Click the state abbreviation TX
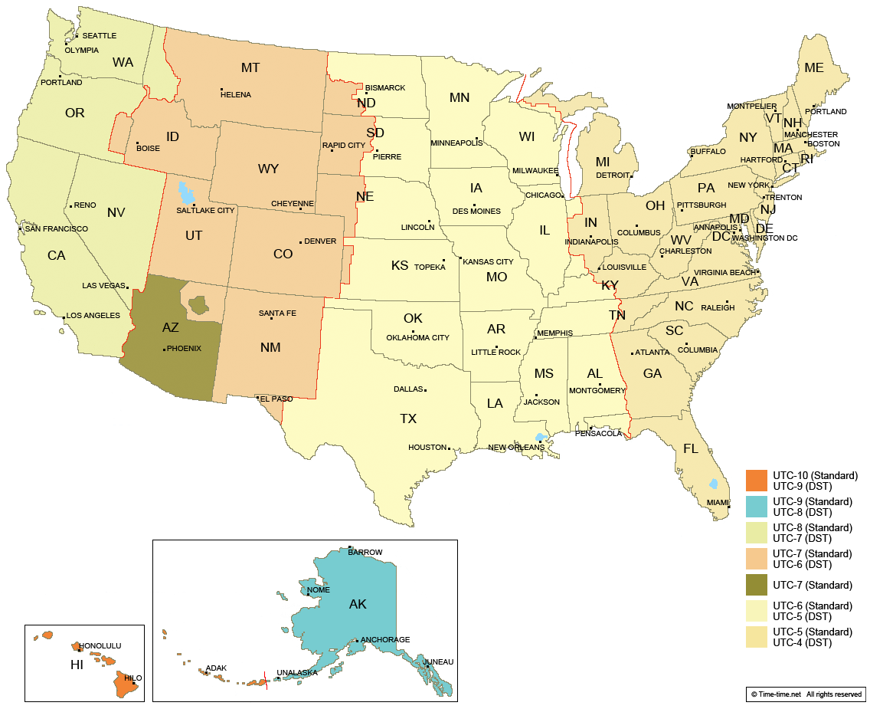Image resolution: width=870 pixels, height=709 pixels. click(x=408, y=419)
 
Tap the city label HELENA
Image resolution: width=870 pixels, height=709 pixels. click(x=236, y=95)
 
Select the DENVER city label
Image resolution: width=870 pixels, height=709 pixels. click(x=320, y=241)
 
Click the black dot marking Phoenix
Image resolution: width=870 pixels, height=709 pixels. click(x=164, y=350)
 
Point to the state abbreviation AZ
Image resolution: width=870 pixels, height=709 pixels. click(x=171, y=327)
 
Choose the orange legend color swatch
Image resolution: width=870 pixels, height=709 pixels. click(x=756, y=481)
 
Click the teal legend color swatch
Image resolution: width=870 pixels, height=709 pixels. click(x=756, y=507)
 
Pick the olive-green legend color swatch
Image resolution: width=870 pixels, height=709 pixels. click(x=756, y=585)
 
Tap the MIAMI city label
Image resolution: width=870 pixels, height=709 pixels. click(x=718, y=503)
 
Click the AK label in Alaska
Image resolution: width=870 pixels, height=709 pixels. click(x=358, y=604)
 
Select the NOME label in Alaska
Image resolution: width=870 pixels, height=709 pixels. click(x=318, y=589)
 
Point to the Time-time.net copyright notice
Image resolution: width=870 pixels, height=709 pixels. click(x=806, y=694)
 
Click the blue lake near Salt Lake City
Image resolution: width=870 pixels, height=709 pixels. click(x=182, y=190)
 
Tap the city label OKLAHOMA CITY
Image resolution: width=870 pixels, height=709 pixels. click(x=418, y=338)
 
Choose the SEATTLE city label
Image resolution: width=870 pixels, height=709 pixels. click(x=99, y=36)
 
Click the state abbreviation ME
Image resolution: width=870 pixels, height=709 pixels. click(x=813, y=67)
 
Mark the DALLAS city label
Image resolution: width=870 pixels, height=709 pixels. click(x=408, y=389)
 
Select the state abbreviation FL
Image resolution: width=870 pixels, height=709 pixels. click(x=691, y=448)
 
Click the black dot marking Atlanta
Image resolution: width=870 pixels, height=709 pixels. click(x=632, y=353)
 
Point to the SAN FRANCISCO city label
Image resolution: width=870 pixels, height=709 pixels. click(x=56, y=229)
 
